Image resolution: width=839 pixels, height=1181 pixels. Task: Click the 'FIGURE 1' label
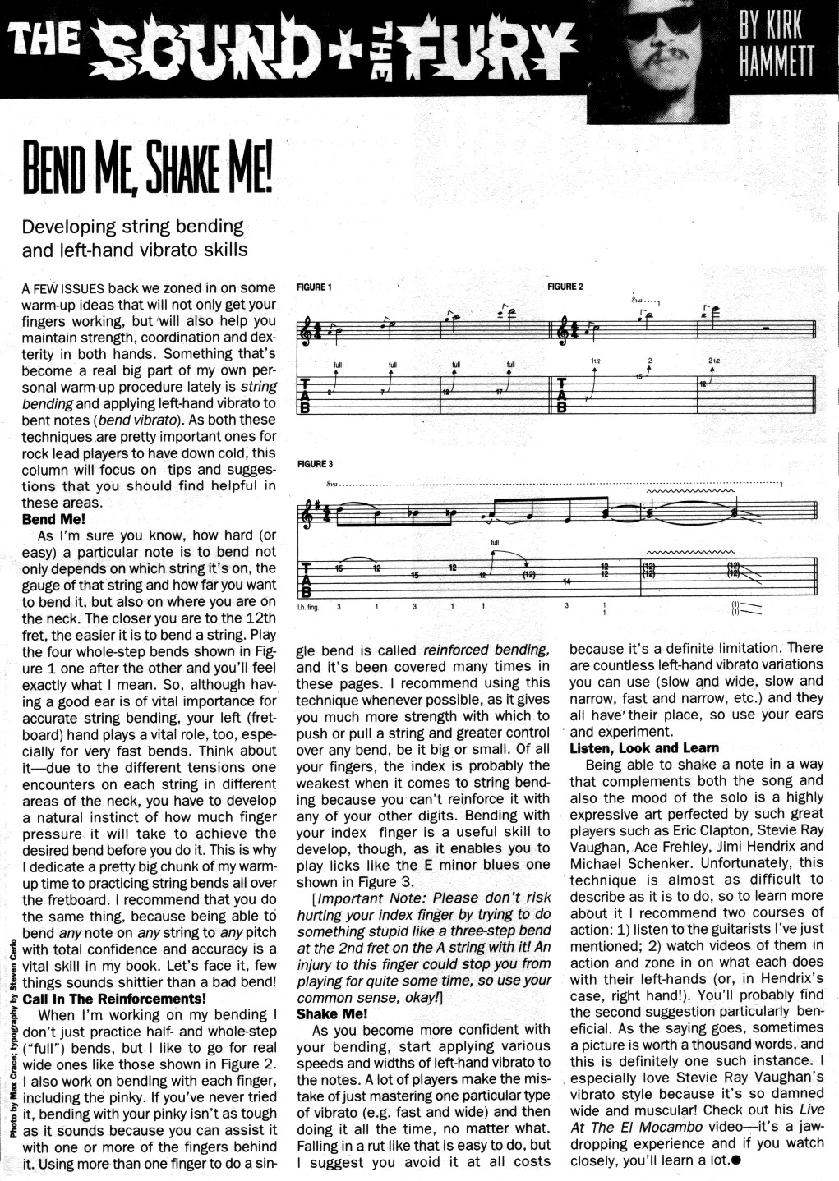pos(313,287)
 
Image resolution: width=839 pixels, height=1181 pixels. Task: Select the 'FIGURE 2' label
pos(565,287)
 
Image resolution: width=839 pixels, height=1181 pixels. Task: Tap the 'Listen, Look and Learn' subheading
pos(644,748)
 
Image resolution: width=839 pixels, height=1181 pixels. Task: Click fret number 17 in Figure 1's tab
pos(499,391)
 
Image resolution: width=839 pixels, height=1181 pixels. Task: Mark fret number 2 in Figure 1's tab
pos(329,393)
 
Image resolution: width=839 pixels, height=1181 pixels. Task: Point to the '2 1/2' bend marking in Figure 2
pos(713,361)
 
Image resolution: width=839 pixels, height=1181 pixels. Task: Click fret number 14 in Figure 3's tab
pos(566,581)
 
